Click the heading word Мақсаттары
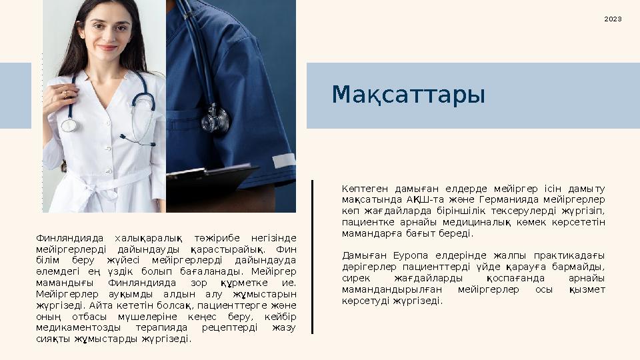408,95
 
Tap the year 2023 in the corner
613,19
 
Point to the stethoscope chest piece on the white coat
69,125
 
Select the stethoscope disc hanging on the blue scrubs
215,121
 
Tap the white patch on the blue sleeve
283,160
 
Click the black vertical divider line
312,257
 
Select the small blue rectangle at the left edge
15,95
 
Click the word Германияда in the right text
505,199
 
